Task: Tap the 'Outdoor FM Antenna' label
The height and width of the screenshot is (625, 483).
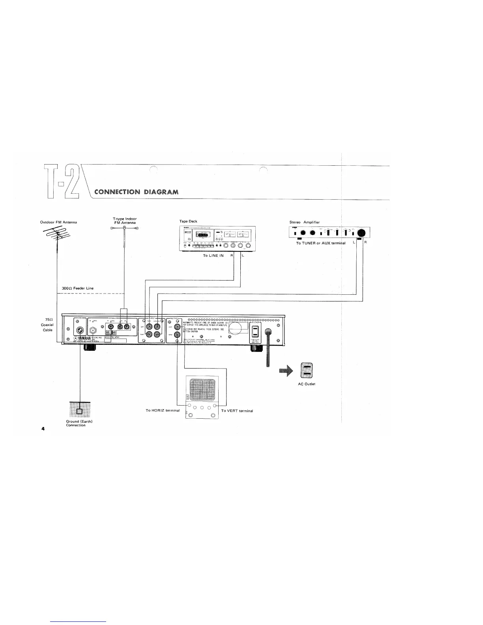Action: (x=58, y=222)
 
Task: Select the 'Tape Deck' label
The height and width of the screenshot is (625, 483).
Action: (x=188, y=221)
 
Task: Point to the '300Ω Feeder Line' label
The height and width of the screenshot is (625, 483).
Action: (x=78, y=288)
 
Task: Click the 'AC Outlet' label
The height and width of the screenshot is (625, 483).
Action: (x=307, y=384)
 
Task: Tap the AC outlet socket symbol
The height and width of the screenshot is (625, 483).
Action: (x=307, y=370)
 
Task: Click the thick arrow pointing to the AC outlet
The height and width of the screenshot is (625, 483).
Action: (x=287, y=370)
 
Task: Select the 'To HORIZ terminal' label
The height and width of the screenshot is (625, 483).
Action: (x=163, y=411)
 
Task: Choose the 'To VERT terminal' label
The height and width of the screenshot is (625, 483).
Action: (x=237, y=411)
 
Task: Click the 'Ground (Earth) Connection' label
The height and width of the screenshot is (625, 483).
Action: (x=79, y=423)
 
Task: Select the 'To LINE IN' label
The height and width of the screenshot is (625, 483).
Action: (x=213, y=256)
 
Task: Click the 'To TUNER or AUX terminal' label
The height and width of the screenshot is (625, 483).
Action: (x=320, y=243)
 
